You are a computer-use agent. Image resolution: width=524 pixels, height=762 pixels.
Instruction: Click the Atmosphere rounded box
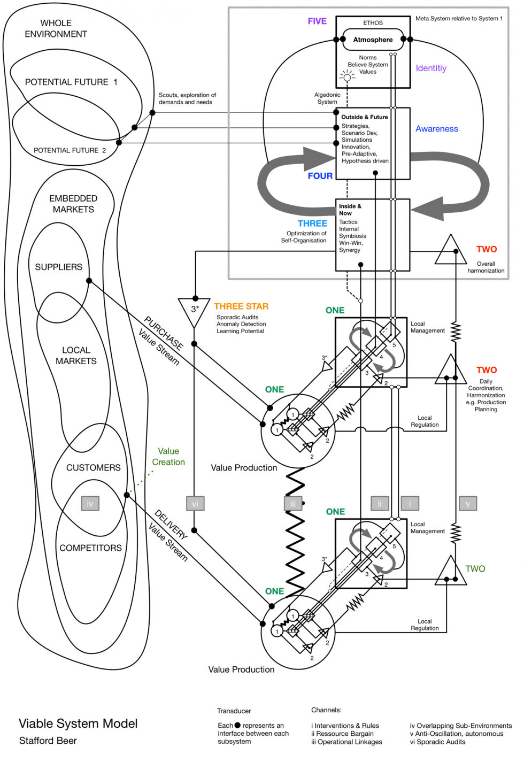point(373,40)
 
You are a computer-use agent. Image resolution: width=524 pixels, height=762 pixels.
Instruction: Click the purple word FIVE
point(317,21)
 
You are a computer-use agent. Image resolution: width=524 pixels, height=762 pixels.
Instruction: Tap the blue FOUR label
point(320,176)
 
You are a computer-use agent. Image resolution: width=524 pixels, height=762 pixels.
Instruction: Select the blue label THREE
point(312,224)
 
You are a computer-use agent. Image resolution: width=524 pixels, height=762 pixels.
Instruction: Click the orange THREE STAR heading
point(241,306)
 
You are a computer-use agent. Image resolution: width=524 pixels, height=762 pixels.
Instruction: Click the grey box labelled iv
point(90,504)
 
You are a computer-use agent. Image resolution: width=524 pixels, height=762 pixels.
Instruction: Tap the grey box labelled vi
point(195,504)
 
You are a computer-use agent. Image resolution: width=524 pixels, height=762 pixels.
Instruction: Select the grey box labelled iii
point(292,504)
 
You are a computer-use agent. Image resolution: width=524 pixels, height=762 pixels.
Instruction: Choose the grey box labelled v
point(467,504)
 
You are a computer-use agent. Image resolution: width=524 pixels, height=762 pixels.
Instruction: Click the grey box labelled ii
point(380,504)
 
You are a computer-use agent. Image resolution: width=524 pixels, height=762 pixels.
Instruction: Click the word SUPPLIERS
point(58,267)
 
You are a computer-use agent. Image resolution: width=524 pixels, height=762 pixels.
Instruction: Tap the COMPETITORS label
point(90,548)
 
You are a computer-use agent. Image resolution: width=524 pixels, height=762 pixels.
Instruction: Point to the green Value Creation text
point(168,457)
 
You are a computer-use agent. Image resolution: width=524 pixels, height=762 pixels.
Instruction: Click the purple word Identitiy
point(431,68)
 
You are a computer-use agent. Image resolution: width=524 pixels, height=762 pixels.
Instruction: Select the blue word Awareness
point(437,129)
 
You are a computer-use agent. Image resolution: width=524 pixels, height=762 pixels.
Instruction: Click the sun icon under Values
point(347,78)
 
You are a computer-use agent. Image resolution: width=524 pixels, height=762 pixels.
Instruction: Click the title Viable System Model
point(78,723)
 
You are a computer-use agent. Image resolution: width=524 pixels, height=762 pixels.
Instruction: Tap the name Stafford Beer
point(48,741)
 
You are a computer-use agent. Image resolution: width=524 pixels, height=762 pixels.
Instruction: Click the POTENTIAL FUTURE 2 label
point(70,150)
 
